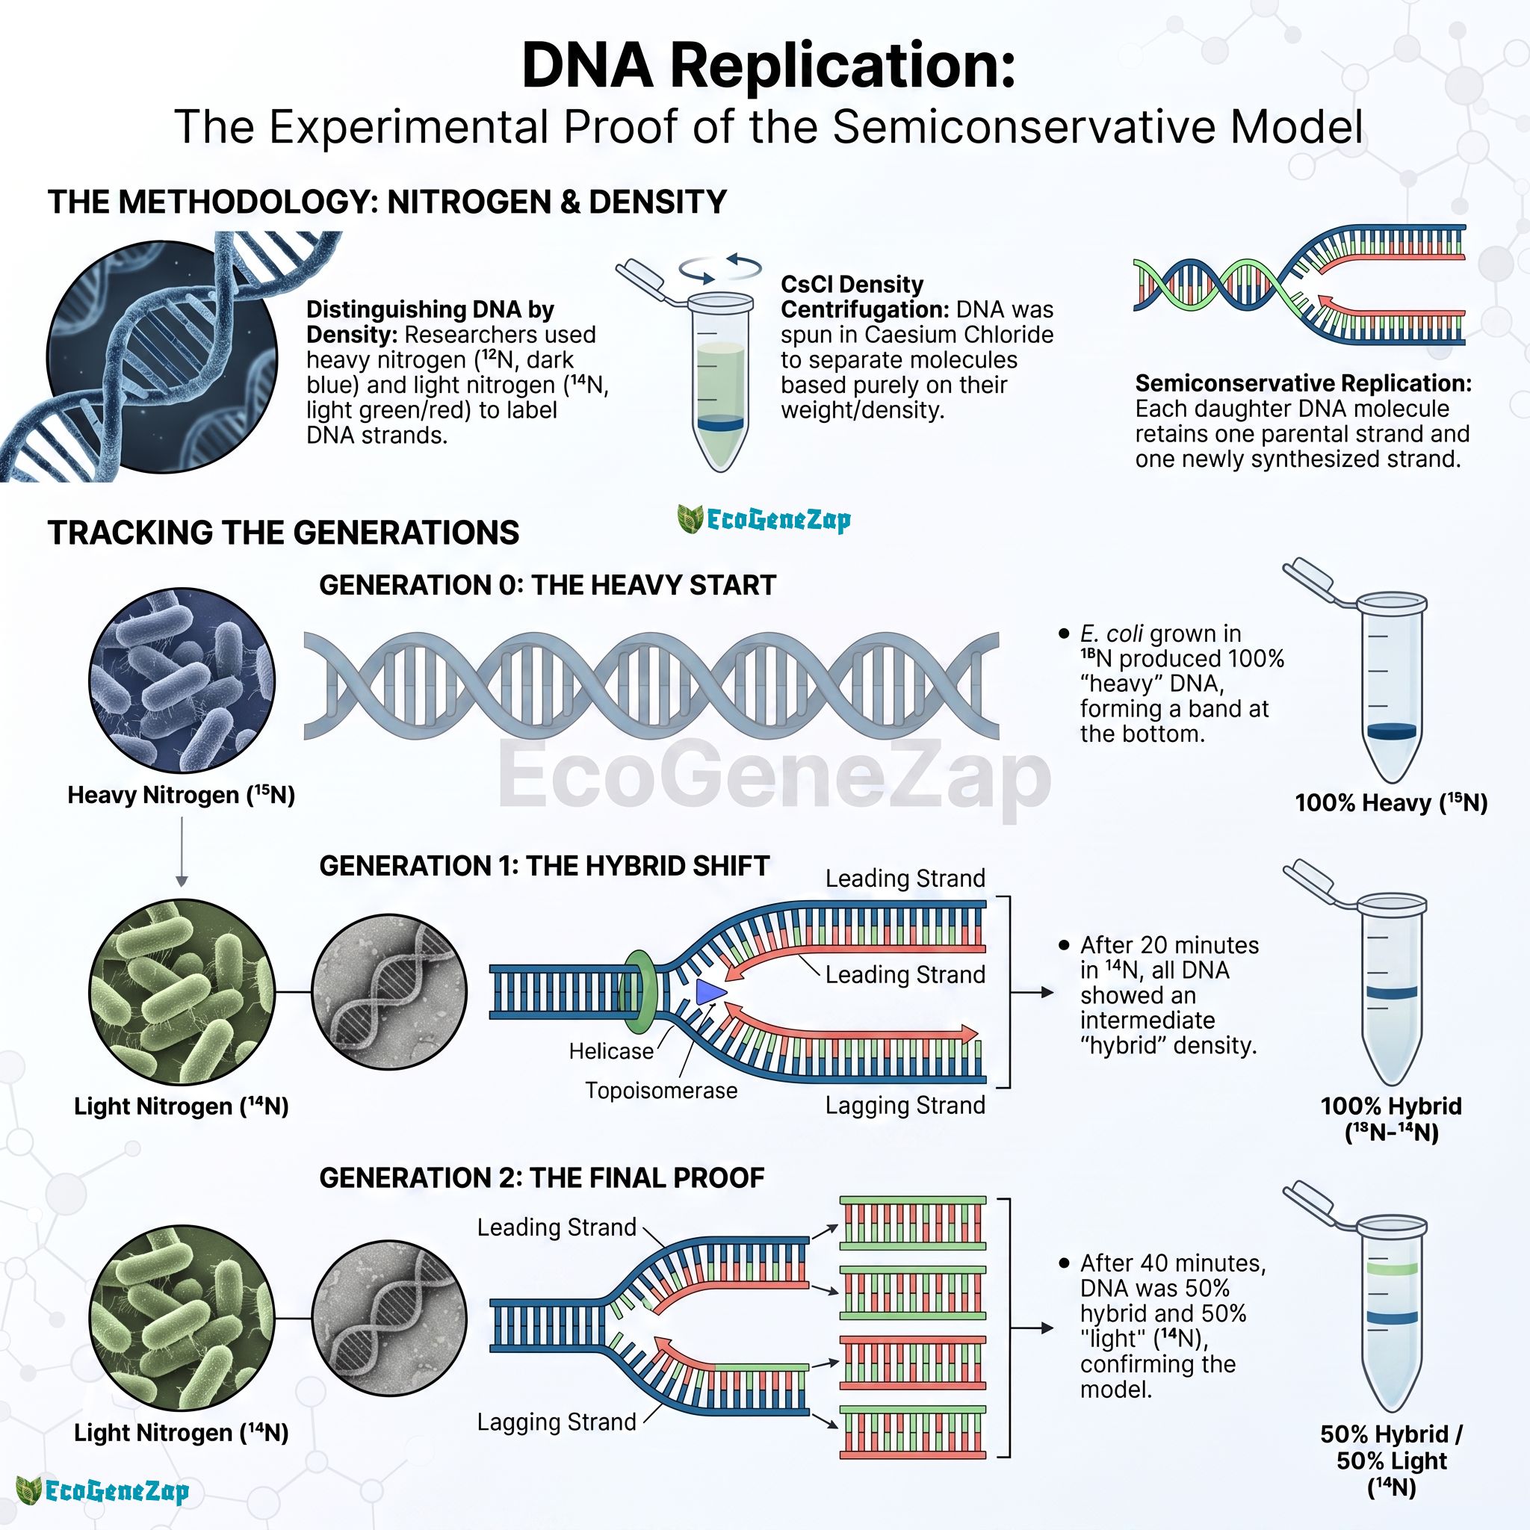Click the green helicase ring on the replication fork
pos(640,991)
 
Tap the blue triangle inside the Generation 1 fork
pos(710,991)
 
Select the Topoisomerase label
pos(661,1091)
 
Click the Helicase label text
pos(611,1051)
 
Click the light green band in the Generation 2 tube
pos(1391,1268)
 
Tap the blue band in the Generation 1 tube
pos(1391,992)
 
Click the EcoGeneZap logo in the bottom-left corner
pos(103,1490)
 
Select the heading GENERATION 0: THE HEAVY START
pos(547,585)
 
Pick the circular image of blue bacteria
pos(182,681)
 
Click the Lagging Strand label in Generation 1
pos(905,1105)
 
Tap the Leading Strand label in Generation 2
pos(557,1227)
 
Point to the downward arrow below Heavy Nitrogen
pos(182,852)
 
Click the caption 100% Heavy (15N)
pos(1391,802)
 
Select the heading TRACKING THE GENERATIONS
pos(283,532)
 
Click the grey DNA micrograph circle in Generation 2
pos(390,1319)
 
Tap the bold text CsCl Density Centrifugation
pos(852,296)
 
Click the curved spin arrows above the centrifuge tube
pos(720,267)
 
